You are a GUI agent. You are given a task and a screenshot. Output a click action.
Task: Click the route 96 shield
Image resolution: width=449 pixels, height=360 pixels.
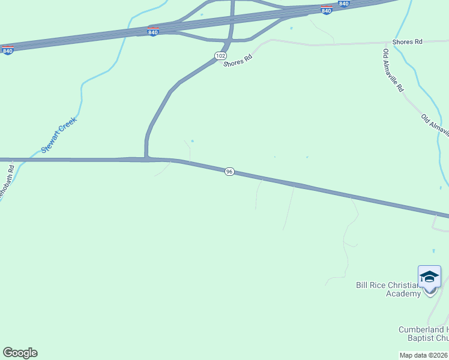click(x=229, y=172)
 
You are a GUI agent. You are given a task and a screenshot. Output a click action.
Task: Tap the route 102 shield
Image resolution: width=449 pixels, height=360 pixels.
click(x=220, y=55)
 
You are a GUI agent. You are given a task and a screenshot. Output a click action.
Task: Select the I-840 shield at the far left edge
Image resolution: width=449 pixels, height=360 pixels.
click(x=8, y=50)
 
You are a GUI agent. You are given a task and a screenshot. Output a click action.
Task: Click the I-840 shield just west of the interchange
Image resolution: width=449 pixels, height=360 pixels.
click(x=153, y=31)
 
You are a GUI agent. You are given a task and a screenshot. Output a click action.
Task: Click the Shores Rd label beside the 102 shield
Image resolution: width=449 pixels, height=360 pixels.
click(x=238, y=59)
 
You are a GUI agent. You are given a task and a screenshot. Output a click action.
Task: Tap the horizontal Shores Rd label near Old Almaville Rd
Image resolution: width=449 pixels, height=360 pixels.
click(x=408, y=42)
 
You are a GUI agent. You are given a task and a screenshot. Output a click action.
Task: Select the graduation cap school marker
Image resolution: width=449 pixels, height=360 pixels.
click(x=429, y=277)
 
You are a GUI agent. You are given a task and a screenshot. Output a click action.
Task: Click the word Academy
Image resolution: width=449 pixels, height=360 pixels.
click(x=403, y=294)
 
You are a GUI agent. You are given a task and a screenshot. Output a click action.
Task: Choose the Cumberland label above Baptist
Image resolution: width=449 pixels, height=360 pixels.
click(x=423, y=329)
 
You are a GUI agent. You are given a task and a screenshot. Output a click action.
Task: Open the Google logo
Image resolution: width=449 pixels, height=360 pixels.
click(x=20, y=353)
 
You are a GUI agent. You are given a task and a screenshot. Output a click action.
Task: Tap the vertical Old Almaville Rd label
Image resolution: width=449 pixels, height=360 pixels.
click(x=393, y=71)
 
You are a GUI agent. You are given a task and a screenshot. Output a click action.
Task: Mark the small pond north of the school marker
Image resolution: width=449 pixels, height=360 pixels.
click(x=433, y=250)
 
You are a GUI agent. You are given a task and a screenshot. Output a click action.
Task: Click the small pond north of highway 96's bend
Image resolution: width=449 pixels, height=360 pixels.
click(x=192, y=141)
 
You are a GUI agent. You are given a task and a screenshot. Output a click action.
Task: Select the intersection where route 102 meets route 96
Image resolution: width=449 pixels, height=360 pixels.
click(x=146, y=158)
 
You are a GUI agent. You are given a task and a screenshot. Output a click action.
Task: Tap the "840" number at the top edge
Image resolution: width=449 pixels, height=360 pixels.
click(x=343, y=4)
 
